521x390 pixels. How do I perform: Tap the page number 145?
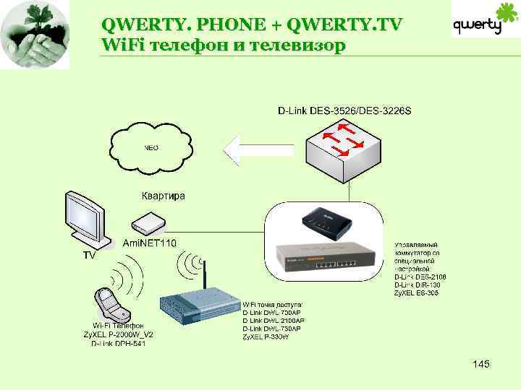[x=480, y=364]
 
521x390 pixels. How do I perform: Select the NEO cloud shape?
[x=152, y=149]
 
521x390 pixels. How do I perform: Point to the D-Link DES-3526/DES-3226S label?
[x=344, y=110]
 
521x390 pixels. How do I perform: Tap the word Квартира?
[x=163, y=196]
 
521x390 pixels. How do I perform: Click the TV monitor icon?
[x=86, y=218]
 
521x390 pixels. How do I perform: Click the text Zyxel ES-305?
[x=416, y=292]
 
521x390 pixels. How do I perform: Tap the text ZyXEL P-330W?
[x=266, y=337]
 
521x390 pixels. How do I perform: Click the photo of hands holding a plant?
[x=35, y=35]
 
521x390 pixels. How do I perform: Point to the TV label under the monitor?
[x=88, y=256]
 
